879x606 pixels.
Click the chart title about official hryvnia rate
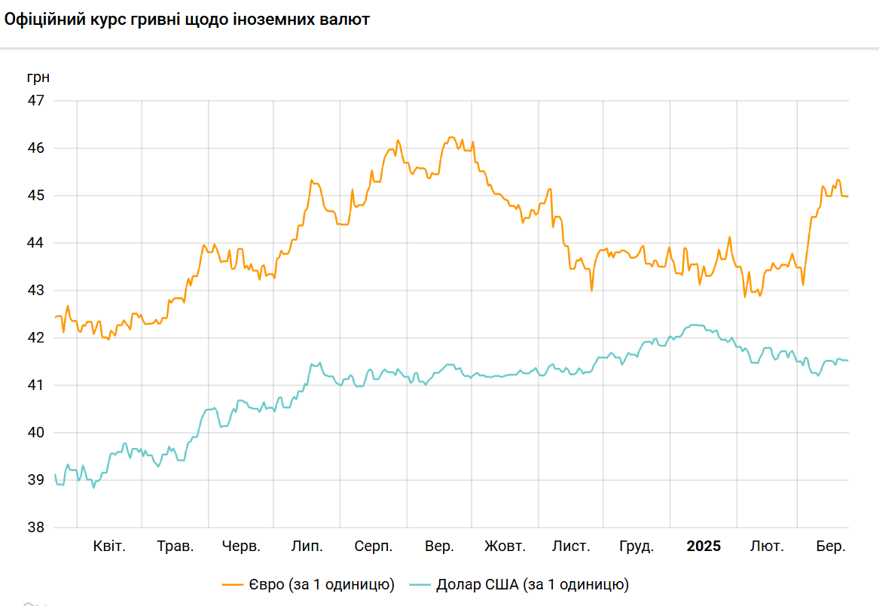[x=187, y=20]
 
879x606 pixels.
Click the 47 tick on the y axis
[x=36, y=101]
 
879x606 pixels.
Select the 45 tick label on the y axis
[x=36, y=196]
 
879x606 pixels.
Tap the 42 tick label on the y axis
[x=36, y=338]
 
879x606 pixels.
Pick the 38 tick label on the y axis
[x=36, y=528]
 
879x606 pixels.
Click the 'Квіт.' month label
[x=109, y=547]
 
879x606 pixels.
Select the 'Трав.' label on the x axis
[x=175, y=547]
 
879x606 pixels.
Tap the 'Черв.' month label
[x=241, y=547]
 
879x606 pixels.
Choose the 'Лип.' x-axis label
[x=307, y=547]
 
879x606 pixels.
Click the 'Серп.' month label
[x=374, y=547]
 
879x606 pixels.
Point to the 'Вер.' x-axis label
[x=439, y=547]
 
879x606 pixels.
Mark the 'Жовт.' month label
[x=505, y=547]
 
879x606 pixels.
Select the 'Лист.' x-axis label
[x=571, y=547]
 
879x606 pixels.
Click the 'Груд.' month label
[x=636, y=547]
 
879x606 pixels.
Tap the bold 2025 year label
[x=704, y=547]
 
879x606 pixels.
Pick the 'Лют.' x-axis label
[x=767, y=547]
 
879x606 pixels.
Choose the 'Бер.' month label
[x=832, y=547]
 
